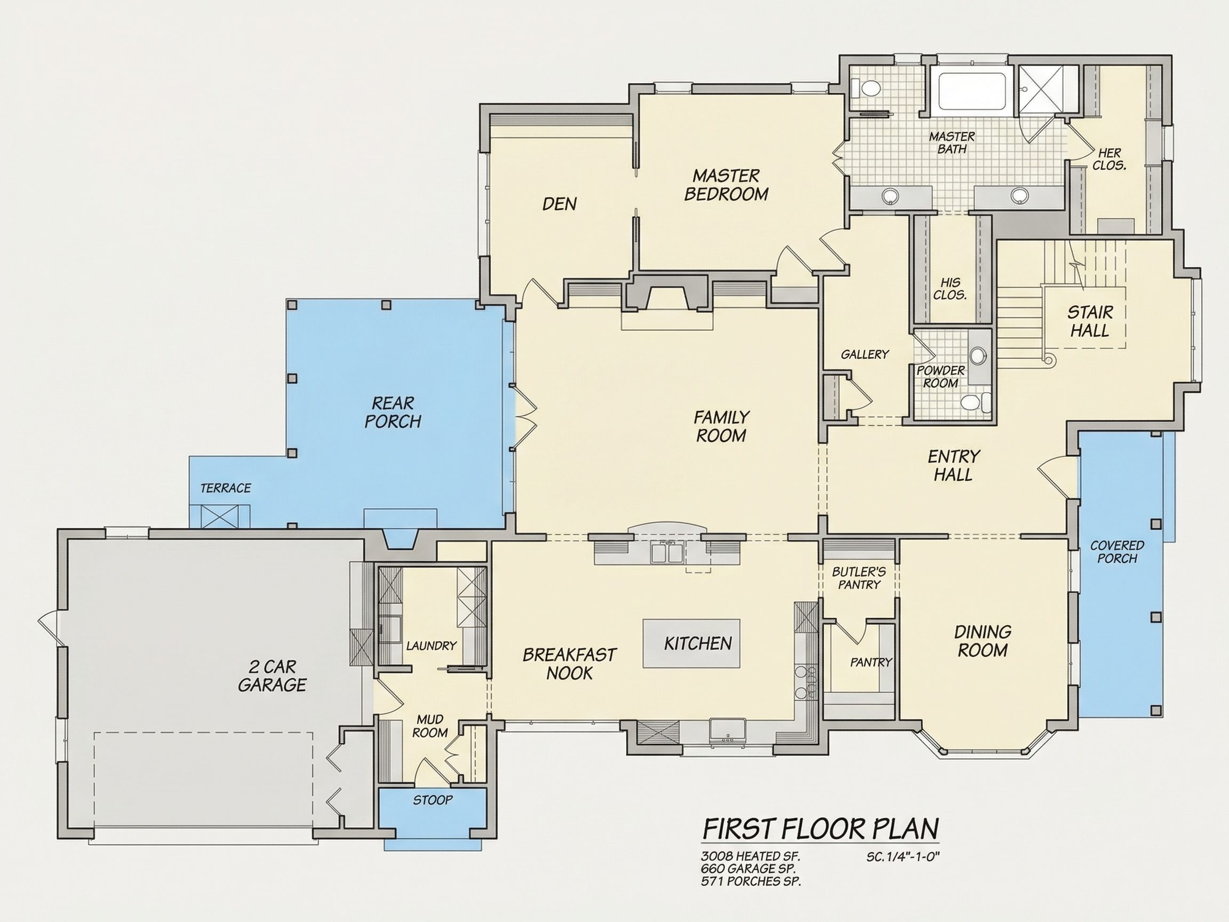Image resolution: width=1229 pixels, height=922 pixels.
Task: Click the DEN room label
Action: click(560, 204)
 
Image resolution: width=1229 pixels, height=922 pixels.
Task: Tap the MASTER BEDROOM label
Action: click(726, 185)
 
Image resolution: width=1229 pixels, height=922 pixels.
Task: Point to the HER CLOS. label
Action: click(1109, 159)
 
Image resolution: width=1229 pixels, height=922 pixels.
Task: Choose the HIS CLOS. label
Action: click(950, 289)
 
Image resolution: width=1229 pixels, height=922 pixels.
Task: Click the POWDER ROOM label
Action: click(940, 377)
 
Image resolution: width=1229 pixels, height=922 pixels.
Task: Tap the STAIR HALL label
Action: click(1090, 321)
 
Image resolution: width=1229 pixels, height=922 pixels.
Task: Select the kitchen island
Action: click(692, 643)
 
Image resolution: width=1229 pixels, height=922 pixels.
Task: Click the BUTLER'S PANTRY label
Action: click(859, 578)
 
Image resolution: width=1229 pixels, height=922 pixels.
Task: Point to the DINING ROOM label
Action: click(983, 641)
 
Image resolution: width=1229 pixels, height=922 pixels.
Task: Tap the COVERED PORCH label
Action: click(1117, 552)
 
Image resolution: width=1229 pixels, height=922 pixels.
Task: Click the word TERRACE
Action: click(226, 488)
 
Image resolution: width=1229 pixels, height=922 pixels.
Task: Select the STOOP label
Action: click(433, 800)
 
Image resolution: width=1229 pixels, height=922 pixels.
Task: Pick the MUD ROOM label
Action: click(430, 726)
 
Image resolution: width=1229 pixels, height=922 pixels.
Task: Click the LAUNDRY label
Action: click(431, 645)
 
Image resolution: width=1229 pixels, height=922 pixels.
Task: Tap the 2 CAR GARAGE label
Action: click(272, 675)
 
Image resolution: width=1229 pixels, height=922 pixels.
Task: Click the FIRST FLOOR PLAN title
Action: click(821, 829)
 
